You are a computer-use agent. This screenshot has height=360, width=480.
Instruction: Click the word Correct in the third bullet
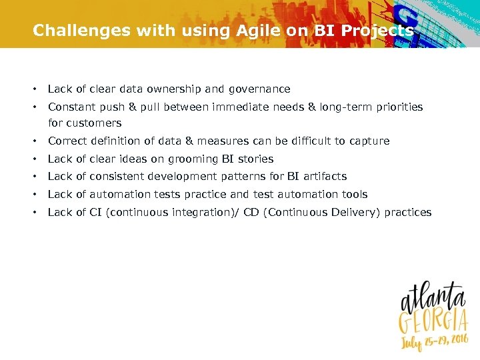coord(67,141)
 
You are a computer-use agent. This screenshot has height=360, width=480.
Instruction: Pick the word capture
coord(370,141)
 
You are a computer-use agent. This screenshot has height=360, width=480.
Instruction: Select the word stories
coord(257,159)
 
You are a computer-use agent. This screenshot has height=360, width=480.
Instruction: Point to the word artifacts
coord(325,177)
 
